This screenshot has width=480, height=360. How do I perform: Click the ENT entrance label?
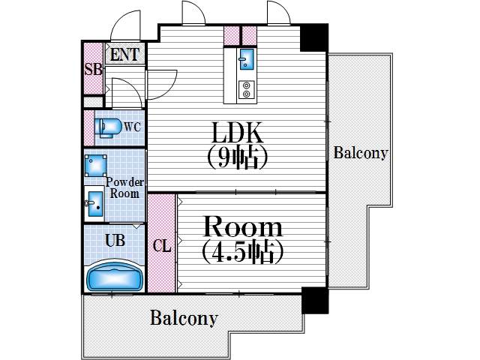(x=124, y=54)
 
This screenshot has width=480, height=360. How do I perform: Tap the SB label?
(x=92, y=69)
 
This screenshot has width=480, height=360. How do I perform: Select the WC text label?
(x=133, y=126)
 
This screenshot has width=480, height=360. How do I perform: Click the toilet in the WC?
(x=108, y=127)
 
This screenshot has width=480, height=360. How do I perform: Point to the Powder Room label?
(x=124, y=187)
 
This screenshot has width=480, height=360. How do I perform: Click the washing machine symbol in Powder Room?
(x=94, y=165)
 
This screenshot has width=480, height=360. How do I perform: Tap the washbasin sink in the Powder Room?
(x=94, y=202)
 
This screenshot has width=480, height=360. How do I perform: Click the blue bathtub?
(x=114, y=277)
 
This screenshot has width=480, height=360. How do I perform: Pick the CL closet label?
(x=160, y=245)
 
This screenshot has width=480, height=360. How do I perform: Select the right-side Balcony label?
(x=361, y=153)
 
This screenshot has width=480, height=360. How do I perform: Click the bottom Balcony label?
(x=184, y=317)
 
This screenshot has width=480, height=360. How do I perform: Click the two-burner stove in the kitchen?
(x=246, y=90)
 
